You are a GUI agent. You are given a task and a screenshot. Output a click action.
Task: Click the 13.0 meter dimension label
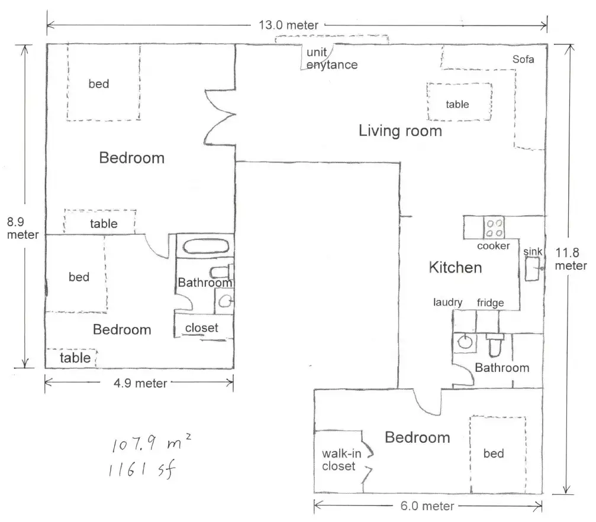(x=288, y=25)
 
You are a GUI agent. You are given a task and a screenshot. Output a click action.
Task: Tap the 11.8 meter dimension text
(x=571, y=259)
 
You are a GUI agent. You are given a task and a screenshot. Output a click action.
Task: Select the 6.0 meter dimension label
(x=427, y=505)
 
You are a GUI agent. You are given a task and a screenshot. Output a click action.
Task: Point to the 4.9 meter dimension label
(x=140, y=383)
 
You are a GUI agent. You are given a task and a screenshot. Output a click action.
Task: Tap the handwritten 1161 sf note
(x=142, y=470)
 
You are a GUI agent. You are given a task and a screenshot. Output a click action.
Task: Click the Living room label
(x=400, y=131)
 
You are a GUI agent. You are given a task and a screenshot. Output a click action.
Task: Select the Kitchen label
(x=455, y=267)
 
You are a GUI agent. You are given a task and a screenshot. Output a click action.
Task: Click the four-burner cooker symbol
(x=494, y=228)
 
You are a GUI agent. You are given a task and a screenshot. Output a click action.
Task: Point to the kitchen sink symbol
(x=532, y=268)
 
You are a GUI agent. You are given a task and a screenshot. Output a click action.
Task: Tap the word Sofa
(x=523, y=59)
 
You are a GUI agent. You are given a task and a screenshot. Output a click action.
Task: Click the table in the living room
(x=459, y=102)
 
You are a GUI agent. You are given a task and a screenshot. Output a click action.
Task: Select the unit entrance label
(x=332, y=59)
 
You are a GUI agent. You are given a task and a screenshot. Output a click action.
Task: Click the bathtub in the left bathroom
(x=206, y=247)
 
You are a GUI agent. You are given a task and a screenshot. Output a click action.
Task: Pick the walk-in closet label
(x=342, y=460)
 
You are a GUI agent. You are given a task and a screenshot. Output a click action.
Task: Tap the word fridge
(x=490, y=303)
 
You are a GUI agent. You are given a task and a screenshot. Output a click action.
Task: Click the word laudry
(x=448, y=302)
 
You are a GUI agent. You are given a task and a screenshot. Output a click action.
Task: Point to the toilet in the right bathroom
(x=495, y=345)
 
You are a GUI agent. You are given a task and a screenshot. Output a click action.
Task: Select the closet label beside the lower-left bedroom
(x=201, y=328)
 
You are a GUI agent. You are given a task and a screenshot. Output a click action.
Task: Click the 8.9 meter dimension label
(x=23, y=228)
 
